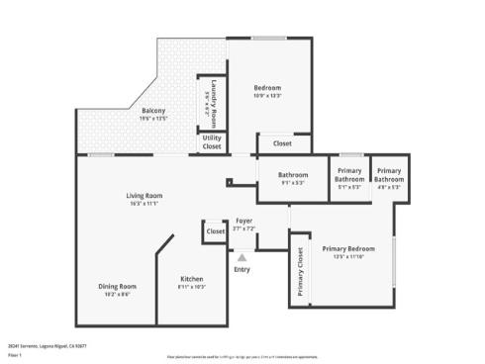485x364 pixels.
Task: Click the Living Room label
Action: [x=144, y=196]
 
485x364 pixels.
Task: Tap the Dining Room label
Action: [x=116, y=287]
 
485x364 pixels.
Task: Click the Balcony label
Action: [x=152, y=110]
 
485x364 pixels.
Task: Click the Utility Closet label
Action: [x=212, y=142]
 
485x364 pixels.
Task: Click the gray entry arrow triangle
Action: [x=242, y=257]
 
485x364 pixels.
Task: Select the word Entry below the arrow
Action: [x=242, y=269]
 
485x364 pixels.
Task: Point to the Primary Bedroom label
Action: [x=348, y=248]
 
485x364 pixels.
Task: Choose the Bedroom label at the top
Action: [x=267, y=87]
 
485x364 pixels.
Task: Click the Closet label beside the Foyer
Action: [x=215, y=231]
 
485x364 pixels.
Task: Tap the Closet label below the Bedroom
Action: [x=282, y=143]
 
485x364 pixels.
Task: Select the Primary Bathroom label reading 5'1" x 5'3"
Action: [x=349, y=175]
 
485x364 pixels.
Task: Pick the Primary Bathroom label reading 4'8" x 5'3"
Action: [x=389, y=175]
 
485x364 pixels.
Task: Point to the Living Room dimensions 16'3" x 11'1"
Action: [x=144, y=204]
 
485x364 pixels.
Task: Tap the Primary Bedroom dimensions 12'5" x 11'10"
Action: [x=348, y=256]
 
